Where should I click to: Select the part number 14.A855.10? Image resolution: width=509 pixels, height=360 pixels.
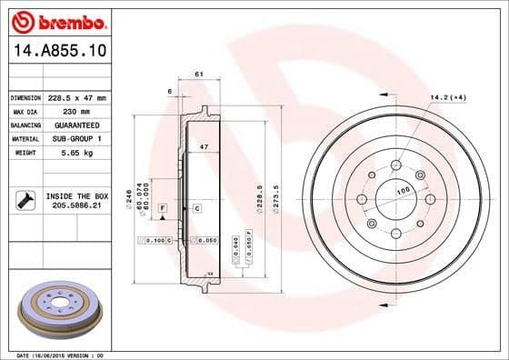tap(56, 53)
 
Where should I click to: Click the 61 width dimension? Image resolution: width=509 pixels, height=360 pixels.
tap(197, 75)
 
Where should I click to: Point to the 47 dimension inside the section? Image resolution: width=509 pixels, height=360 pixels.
tap(205, 146)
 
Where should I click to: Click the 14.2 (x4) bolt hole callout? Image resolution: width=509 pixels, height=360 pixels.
tap(448, 97)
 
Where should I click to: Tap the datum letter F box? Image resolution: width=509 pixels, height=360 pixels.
tap(163, 208)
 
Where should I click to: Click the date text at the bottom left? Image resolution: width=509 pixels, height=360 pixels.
tap(57, 354)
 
